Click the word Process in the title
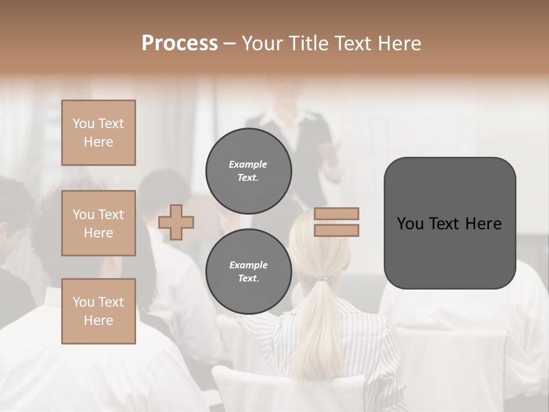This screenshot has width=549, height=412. coord(180,43)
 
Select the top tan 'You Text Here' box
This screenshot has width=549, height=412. coord(98,133)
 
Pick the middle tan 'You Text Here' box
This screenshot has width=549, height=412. coord(98,223)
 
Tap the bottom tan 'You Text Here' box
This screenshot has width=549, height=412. coord(98,311)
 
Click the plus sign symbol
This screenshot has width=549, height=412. coord(176,223)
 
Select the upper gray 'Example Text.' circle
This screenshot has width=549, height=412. coord(249,171)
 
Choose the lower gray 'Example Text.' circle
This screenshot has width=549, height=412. coord(249,272)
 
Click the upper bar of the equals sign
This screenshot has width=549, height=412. coord(336,214)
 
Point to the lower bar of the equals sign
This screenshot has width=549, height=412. coord(336,230)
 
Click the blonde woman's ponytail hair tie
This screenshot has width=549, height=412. coord(324,279)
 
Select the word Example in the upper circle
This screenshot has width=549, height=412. coord(248,164)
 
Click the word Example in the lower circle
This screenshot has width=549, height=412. coord(248,265)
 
